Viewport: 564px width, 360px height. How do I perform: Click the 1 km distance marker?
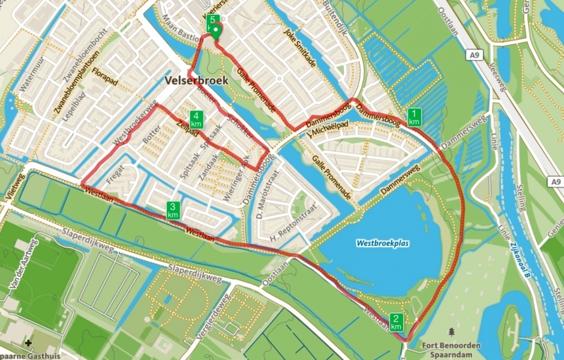[x=414, y=118]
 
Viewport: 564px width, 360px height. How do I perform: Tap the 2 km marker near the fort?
[x=396, y=322]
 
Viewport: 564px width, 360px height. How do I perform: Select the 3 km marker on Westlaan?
[x=173, y=211]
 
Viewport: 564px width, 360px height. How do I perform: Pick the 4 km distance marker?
[x=196, y=119]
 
